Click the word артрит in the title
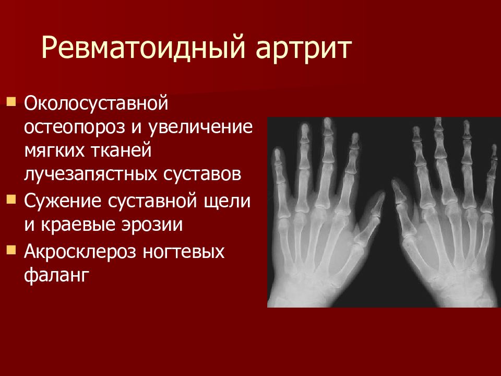303,49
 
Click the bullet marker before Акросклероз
11,249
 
